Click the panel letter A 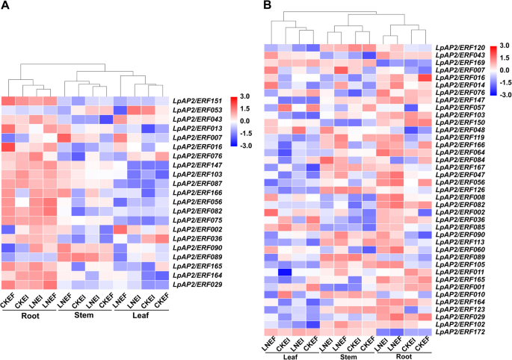point(7,7)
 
